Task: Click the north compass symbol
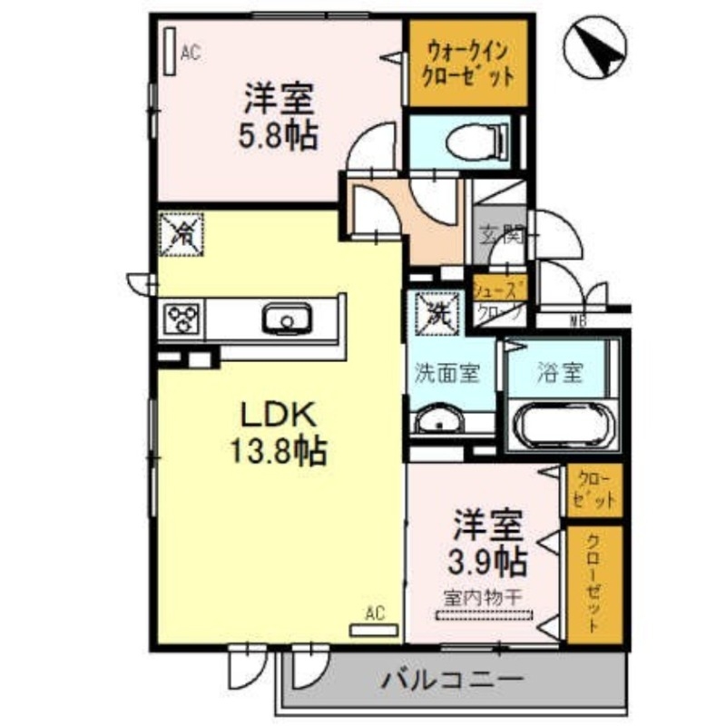tap(595, 48)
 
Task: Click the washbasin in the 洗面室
tap(439, 422)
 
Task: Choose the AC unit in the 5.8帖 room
tap(170, 52)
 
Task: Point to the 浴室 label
tap(559, 373)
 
